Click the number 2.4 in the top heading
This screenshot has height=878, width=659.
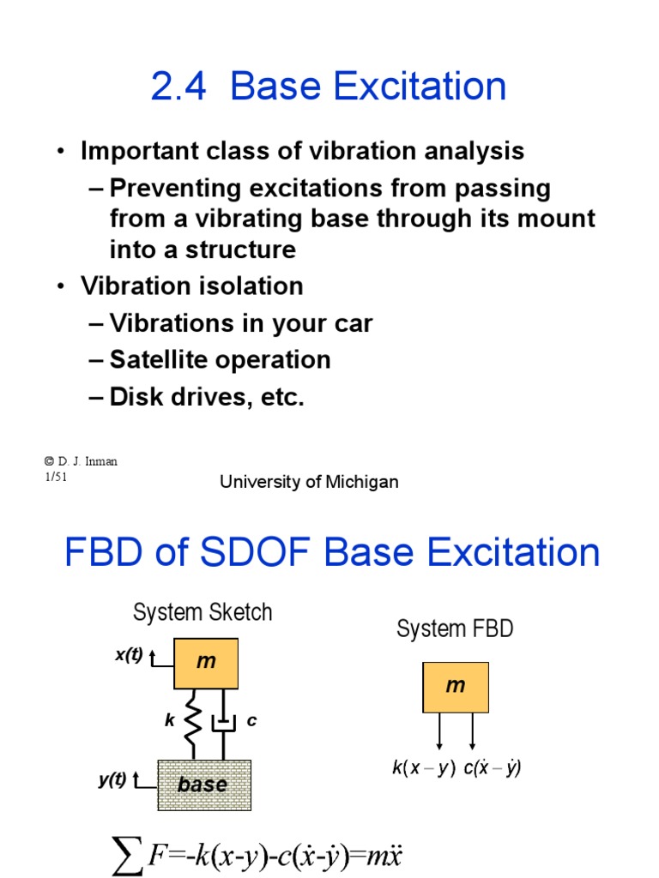click(178, 87)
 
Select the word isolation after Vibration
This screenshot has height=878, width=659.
click(251, 286)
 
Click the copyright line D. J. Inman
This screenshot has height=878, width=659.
click(81, 461)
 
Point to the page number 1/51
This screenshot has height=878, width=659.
click(56, 477)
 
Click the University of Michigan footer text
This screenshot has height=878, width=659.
click(309, 482)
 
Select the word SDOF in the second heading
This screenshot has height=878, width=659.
click(255, 552)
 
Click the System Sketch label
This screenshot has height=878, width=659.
click(203, 612)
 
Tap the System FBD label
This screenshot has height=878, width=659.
click(455, 628)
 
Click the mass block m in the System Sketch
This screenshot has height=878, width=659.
click(206, 663)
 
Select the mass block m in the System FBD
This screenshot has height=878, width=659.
click(456, 687)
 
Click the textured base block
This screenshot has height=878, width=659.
click(204, 785)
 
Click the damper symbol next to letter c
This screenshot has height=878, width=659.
click(224, 724)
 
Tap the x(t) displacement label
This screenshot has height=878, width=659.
click(129, 654)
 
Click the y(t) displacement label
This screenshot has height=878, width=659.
click(112, 779)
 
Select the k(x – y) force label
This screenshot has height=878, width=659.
click(424, 767)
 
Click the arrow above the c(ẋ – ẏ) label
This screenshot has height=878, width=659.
click(473, 731)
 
